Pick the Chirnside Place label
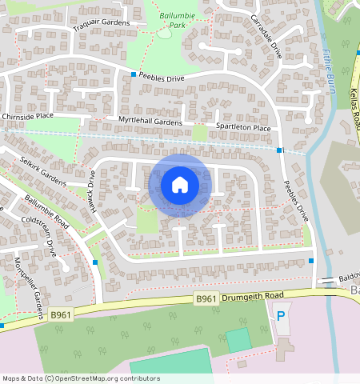pyautogui.click(x=27, y=116)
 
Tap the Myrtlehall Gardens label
pyautogui.click(x=150, y=121)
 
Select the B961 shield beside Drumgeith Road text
pyautogui.click(x=206, y=299)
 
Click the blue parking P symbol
pyautogui.click(x=281, y=317)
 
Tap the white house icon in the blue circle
pyautogui.click(x=180, y=186)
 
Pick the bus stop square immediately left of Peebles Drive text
pyautogui.click(x=133, y=74)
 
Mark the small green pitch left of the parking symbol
pyautogui.click(x=238, y=340)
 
